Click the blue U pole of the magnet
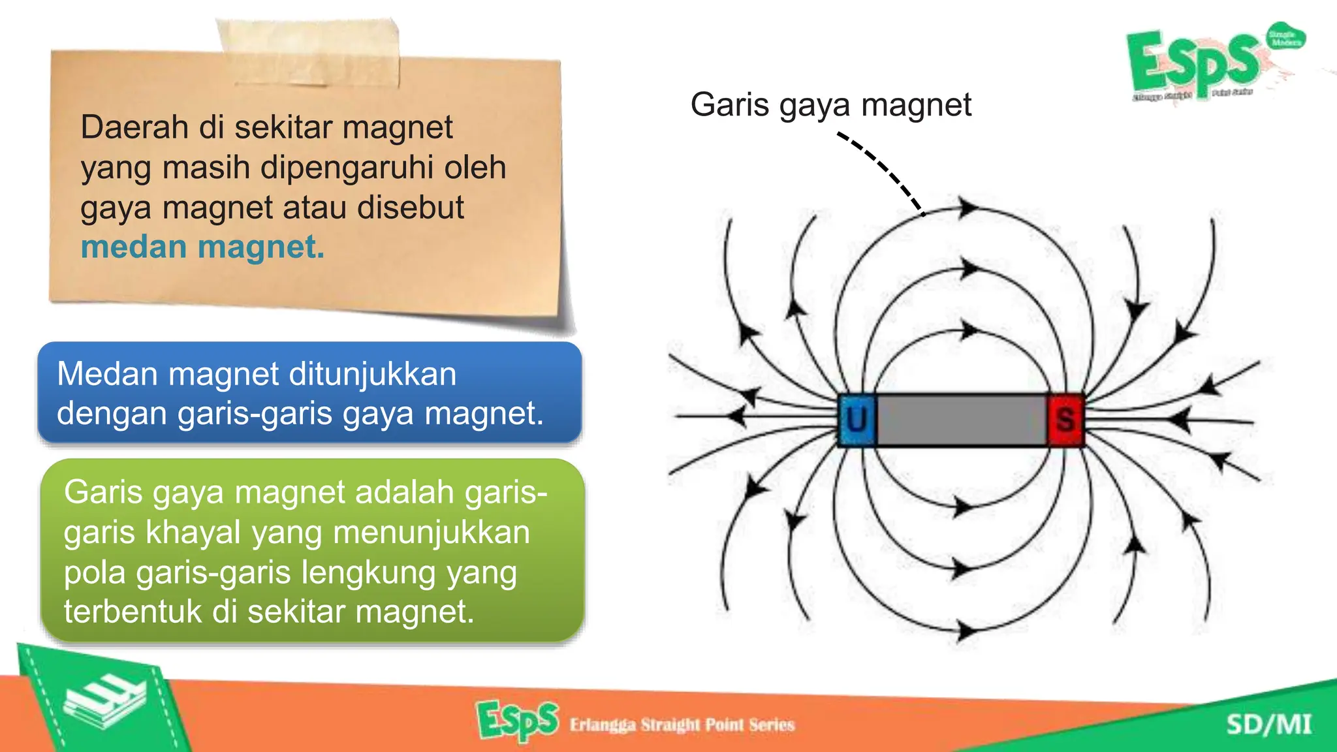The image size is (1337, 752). tap(857, 420)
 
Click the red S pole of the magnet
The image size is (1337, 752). tap(1065, 420)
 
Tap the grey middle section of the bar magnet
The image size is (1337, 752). tap(961, 420)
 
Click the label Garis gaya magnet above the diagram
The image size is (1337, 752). tap(830, 104)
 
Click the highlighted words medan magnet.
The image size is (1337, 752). tap(202, 247)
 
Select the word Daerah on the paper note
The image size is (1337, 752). tap(134, 127)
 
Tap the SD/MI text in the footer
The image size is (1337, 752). tap(1268, 725)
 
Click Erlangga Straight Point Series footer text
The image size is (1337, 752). tap(682, 725)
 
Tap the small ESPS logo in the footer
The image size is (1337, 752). tap(517, 721)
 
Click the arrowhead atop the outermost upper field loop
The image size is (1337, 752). tap(968, 208)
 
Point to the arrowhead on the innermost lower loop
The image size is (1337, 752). tap(963, 507)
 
